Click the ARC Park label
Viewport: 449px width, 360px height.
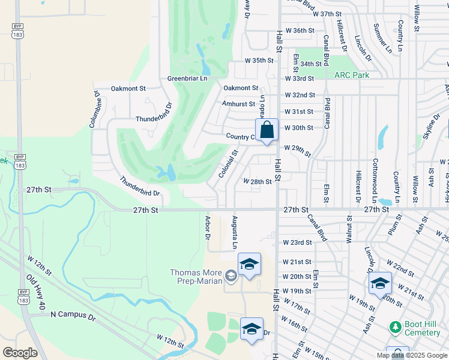pos(351,75)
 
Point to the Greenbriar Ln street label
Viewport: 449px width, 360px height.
pos(187,79)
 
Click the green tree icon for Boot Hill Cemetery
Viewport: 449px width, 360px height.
pos(395,326)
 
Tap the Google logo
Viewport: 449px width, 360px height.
pos(20,353)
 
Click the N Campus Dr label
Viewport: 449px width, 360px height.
pos(73,314)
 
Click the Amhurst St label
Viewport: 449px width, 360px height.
pos(234,103)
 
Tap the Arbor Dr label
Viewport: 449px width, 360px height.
pos(208,229)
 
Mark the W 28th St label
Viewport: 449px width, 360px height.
pos(258,181)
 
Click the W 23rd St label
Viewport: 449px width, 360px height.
pos(297,242)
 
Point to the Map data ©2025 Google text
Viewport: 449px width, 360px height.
pos(411,355)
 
